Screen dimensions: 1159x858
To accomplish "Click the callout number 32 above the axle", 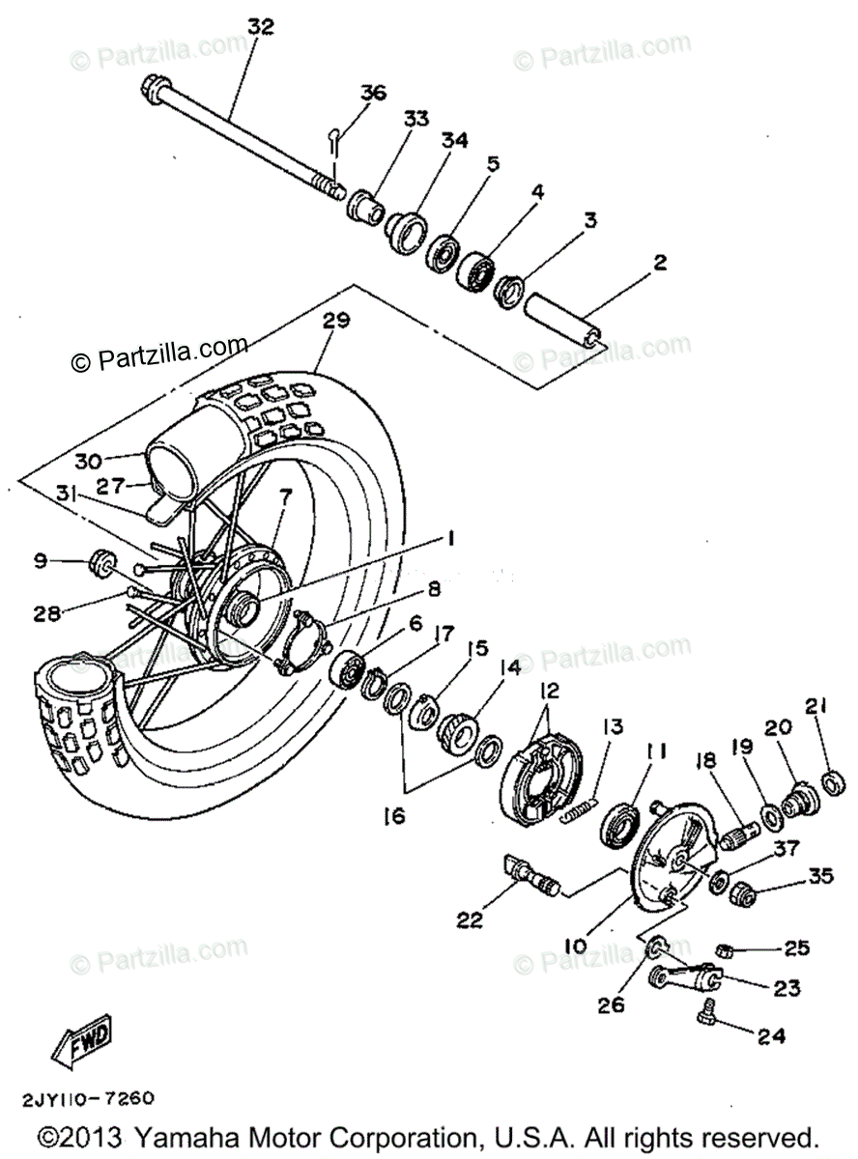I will point(261,27).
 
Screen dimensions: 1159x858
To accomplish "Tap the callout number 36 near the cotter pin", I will point(372,93).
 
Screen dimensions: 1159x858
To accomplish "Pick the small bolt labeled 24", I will point(705,1012).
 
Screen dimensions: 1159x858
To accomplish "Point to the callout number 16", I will point(392,817).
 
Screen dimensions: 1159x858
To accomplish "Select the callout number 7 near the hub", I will point(285,497).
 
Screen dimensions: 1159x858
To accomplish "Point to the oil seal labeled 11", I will point(618,826).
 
